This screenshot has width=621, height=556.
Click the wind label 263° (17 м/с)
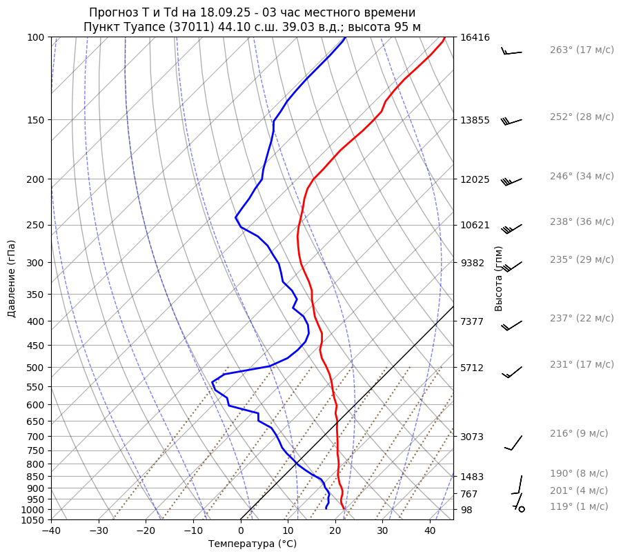581,50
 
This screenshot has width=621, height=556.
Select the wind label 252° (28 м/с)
581,117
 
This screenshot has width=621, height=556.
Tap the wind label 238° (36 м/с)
581,222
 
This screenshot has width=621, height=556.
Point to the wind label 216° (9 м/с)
578,434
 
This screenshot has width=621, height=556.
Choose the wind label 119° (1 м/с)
578,507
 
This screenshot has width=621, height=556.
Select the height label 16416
475,38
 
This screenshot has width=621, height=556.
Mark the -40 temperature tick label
51,531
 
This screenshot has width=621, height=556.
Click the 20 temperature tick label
335,531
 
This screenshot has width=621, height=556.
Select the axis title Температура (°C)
253,544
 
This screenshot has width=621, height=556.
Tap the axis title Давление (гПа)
12,279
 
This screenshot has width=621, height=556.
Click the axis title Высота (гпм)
499,279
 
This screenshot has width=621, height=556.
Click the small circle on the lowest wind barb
522,509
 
